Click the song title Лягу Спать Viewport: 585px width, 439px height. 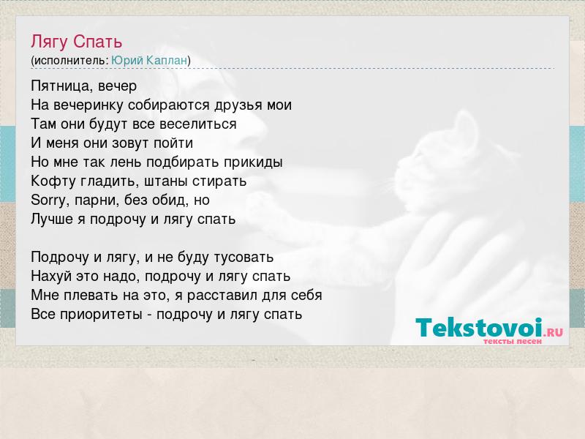click(77, 42)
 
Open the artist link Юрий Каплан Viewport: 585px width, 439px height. click(149, 61)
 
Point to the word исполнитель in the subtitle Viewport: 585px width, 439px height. click(69, 61)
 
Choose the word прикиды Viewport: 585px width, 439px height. click(253, 162)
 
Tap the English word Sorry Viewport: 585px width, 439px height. click(48, 200)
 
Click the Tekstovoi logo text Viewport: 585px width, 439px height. click(479, 327)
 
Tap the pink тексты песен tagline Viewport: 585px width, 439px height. click(513, 341)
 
